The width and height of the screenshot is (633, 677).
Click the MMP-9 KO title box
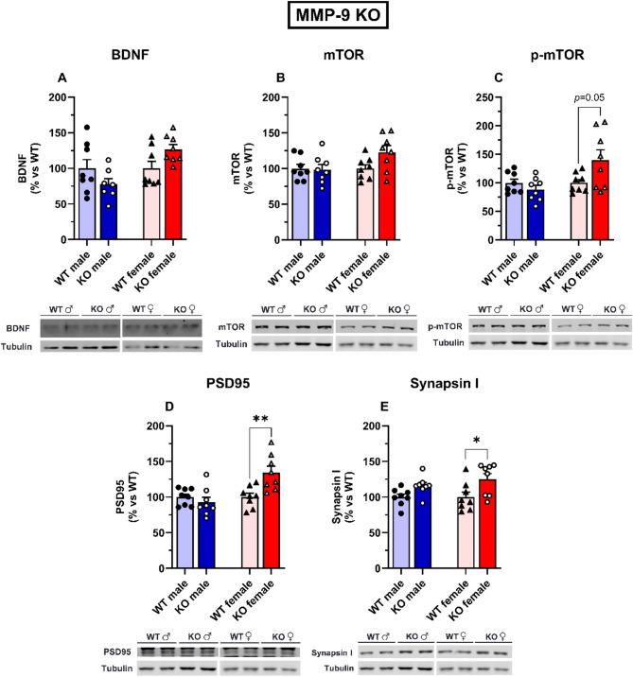[316, 18]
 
